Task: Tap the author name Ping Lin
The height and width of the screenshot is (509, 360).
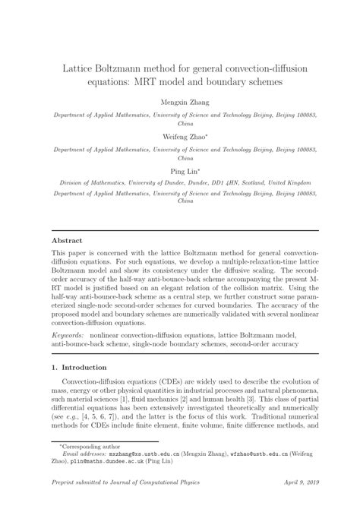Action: (x=180, y=172)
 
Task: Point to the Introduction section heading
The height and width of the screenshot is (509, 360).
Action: (x=76, y=368)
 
